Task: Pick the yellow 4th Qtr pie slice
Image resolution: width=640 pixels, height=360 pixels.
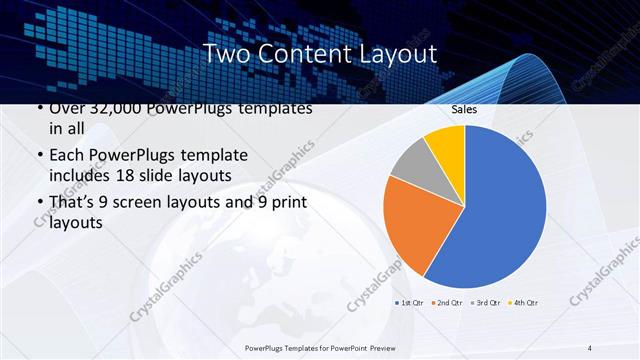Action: tap(445, 142)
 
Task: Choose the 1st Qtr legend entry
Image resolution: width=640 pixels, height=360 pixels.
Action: tap(411, 301)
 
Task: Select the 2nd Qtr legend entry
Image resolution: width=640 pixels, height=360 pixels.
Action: tap(448, 301)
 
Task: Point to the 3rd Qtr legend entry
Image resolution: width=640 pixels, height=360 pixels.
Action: tap(485, 301)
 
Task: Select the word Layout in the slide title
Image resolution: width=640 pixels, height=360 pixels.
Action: tap(389, 53)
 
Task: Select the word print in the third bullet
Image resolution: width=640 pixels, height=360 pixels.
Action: tap(284, 203)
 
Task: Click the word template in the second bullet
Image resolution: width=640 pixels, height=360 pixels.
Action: tap(209, 156)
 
